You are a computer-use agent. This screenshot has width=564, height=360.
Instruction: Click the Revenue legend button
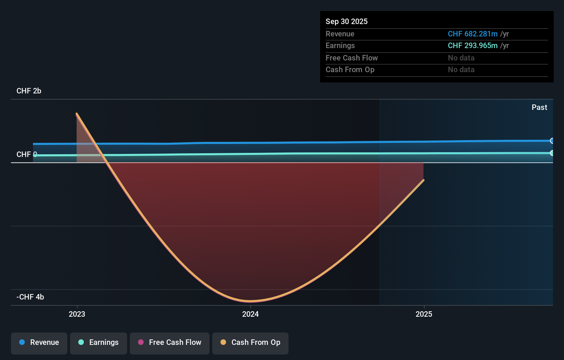pyautogui.click(x=39, y=342)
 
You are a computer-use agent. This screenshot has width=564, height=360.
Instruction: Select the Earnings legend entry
pyautogui.click(x=99, y=342)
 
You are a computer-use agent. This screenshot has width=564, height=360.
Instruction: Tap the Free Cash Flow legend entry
pyautogui.click(x=170, y=342)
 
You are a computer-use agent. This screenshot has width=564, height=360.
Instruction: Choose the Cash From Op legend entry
pyautogui.click(x=250, y=342)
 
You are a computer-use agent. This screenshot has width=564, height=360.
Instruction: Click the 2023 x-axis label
pyautogui.click(x=77, y=314)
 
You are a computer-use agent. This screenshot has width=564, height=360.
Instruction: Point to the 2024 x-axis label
pyautogui.click(x=250, y=314)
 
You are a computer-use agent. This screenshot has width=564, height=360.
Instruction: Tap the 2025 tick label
pyautogui.click(x=424, y=314)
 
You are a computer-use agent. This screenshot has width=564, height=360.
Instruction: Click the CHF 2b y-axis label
pyautogui.click(x=29, y=91)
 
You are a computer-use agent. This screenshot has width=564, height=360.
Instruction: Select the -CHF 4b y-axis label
pyautogui.click(x=30, y=297)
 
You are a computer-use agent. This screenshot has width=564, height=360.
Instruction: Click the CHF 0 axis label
pyautogui.click(x=26, y=155)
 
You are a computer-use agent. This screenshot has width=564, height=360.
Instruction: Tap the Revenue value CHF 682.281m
pyautogui.click(x=473, y=34)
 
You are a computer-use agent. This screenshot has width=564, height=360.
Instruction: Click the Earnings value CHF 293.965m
pyautogui.click(x=473, y=46)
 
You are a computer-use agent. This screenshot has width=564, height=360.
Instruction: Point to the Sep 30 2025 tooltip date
pyautogui.click(x=347, y=21)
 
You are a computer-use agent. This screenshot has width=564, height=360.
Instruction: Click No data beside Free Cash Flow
pyautogui.click(x=461, y=58)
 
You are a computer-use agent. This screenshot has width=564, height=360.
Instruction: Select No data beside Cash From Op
pyautogui.click(x=461, y=70)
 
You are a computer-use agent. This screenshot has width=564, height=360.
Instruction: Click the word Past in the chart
pyautogui.click(x=539, y=108)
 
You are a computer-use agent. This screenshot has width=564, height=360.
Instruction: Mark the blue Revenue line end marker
pyautogui.click(x=552, y=141)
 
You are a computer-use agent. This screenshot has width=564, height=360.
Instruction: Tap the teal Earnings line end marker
pyautogui.click(x=552, y=153)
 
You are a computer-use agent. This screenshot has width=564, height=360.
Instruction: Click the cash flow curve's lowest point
pyautogui.click(x=250, y=301)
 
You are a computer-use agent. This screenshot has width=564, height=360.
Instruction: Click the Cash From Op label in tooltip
pyautogui.click(x=350, y=70)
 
